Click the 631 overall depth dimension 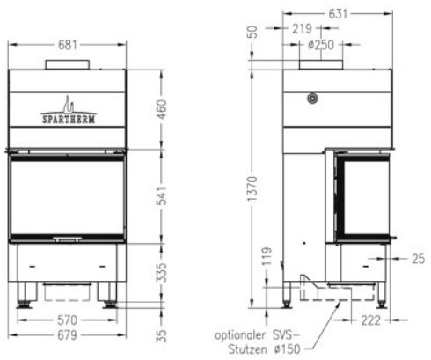(x=335, y=12)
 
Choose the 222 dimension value (x=369, y=320)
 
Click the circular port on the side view (x=312, y=99)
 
